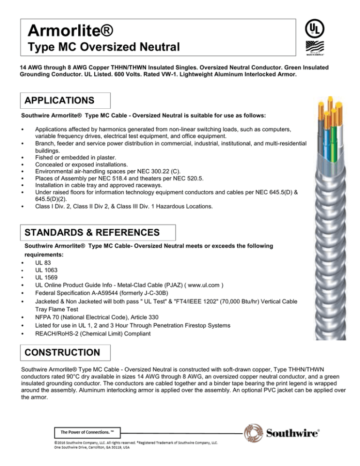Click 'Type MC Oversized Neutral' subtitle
point(102,47)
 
